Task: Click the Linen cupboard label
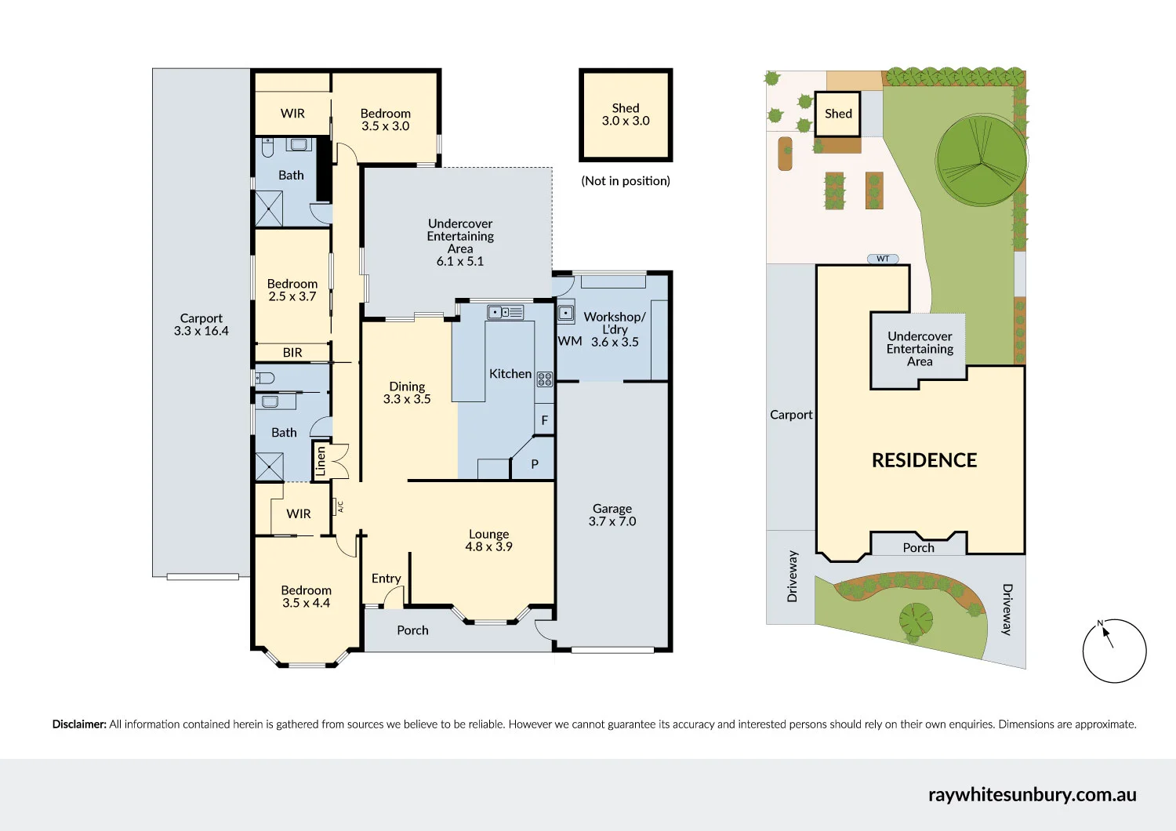click(320, 462)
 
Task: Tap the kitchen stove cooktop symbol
click(544, 379)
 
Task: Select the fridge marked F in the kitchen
click(544, 420)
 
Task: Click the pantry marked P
click(535, 464)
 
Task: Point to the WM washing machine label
click(570, 341)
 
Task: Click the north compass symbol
click(1114, 651)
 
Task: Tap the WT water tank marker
click(883, 259)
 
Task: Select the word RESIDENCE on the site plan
click(924, 460)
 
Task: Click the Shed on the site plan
click(838, 114)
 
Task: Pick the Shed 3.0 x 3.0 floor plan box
click(626, 114)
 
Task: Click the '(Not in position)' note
click(626, 181)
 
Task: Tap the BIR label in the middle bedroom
click(292, 353)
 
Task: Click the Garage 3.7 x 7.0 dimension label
click(612, 515)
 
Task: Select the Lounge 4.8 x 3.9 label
click(488, 540)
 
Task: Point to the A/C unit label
click(340, 507)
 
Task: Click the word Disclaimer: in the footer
click(79, 724)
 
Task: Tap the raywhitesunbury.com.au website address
click(1032, 794)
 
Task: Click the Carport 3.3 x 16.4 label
click(201, 325)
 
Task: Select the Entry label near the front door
click(386, 579)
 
